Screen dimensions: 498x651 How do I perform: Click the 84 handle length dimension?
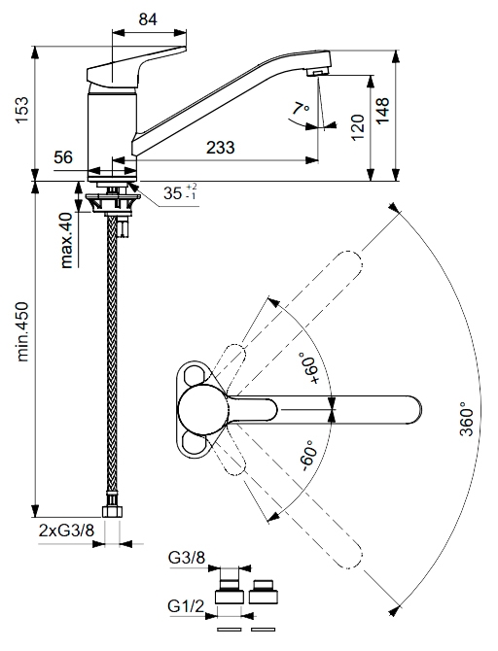coord(148,19)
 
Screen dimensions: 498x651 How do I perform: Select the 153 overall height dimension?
coord(21,110)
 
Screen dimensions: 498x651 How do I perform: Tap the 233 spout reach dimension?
coord(220,148)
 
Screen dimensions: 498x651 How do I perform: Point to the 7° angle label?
coord(301,109)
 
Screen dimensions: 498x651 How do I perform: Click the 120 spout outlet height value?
coord(358,128)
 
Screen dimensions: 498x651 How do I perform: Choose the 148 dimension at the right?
coord(382,110)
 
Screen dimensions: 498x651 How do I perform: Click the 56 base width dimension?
coord(63,157)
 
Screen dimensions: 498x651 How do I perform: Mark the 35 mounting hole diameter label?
coord(180,191)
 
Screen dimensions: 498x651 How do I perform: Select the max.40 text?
coord(66,240)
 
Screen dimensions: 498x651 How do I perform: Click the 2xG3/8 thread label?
coord(66,531)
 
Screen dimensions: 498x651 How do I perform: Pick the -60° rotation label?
coord(309,456)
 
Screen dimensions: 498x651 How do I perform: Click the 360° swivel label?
coord(467,420)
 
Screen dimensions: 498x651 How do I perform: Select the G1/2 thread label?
coord(186,606)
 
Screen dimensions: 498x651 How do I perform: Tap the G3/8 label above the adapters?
coord(187,558)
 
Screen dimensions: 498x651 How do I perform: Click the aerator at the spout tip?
coord(317,72)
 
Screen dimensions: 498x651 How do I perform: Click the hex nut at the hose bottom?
coord(112,511)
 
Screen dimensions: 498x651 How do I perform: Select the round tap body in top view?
coord(202,409)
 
